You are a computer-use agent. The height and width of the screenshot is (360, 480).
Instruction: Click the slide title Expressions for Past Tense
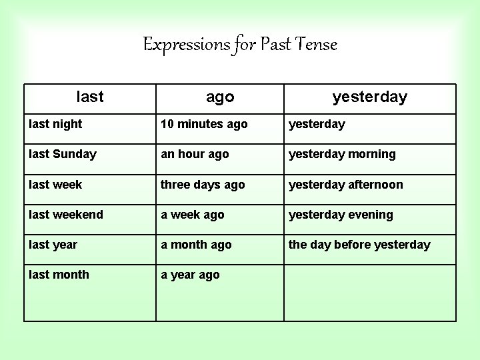pos(241,45)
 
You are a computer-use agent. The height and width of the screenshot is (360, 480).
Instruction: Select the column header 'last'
pos(90,97)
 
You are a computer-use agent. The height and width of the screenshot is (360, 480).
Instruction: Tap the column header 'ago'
pos(220,97)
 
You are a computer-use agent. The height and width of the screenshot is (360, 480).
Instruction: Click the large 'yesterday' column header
pos(369,97)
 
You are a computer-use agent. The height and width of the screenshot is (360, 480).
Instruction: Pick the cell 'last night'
pos(56,124)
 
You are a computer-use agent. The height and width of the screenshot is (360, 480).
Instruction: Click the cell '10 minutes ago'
pos(204,124)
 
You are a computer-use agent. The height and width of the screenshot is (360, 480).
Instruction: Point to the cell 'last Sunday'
pos(63,154)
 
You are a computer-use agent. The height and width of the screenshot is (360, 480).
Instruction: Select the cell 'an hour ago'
pos(195,154)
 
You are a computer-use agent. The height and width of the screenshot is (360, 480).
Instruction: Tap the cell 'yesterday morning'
pos(342,154)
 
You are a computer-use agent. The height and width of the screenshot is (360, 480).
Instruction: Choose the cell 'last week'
pos(56,185)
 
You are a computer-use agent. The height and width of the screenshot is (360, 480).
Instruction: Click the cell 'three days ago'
pos(203,185)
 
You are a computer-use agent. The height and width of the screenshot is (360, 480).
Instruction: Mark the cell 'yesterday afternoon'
pos(345,185)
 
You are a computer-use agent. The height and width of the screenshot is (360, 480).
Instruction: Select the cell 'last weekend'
pos(66,215)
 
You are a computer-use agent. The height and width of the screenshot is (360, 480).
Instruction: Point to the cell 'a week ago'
pos(193,215)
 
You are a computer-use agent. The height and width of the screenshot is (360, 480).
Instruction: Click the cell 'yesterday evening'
pos(341,215)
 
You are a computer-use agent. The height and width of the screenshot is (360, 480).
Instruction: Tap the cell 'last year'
pos(53,245)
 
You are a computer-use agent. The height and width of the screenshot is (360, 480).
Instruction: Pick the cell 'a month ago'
pos(196,245)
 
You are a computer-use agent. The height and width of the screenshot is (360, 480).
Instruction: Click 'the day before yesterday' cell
pos(359,245)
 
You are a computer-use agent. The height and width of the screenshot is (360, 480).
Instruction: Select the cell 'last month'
pos(59,275)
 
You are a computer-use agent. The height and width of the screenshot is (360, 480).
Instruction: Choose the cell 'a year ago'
pos(190,275)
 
